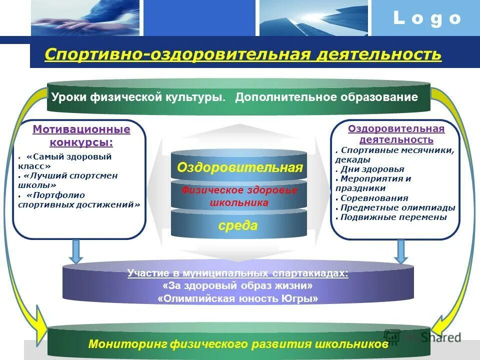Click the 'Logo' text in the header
[x=426, y=18]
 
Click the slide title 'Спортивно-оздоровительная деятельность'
[x=243, y=54]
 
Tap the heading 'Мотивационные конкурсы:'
[x=81, y=136]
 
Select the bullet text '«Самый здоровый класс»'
[x=65, y=161]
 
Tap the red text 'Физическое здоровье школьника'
[x=239, y=196]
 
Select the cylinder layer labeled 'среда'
[x=238, y=225]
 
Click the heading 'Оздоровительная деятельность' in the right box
[x=396, y=134]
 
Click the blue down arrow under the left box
[x=76, y=251]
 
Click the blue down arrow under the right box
[x=400, y=251]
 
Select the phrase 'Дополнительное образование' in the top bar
[x=326, y=97]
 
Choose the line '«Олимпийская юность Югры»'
[x=238, y=299]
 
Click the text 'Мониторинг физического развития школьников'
[x=238, y=344]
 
